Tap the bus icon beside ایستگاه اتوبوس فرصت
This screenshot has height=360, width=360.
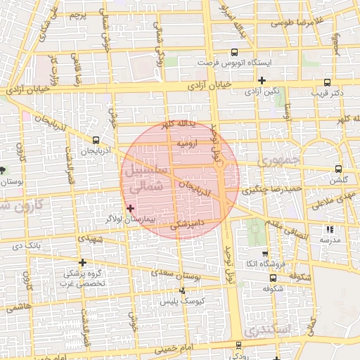(234, 51)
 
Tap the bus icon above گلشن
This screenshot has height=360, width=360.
(339, 169)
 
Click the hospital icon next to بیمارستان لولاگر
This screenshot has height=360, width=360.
(129, 208)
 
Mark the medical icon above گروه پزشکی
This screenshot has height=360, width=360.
(83, 262)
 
